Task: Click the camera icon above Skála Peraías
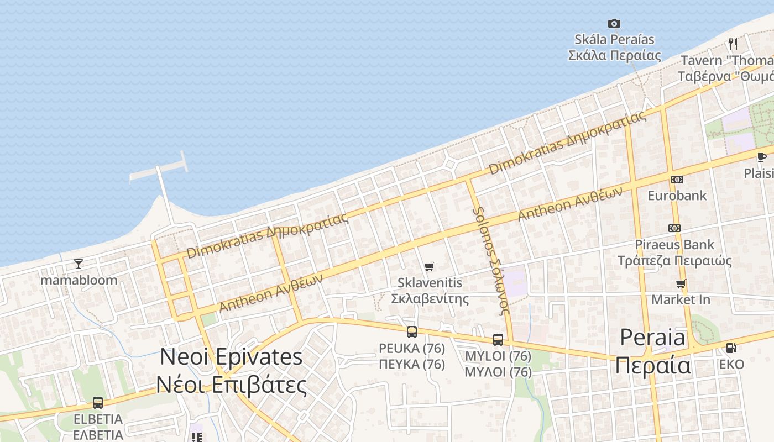[x=614, y=23]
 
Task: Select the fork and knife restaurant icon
[x=733, y=44]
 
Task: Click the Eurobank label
[x=677, y=196]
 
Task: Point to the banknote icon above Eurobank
[x=677, y=179]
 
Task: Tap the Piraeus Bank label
[x=674, y=252]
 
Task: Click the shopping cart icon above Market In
[x=681, y=284]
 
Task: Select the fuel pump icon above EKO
[x=731, y=348]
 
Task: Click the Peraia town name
[x=653, y=351]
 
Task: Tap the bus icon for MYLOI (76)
[x=498, y=340]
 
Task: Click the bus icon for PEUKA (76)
[x=412, y=332]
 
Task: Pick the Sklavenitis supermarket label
[x=430, y=291]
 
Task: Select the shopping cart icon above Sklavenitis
[x=430, y=267]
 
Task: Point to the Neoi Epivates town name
[x=231, y=370]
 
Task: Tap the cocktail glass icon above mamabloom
[x=79, y=264]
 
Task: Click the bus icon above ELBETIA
[x=98, y=403]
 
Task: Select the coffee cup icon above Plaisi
[x=761, y=157]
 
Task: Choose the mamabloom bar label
[x=79, y=280]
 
